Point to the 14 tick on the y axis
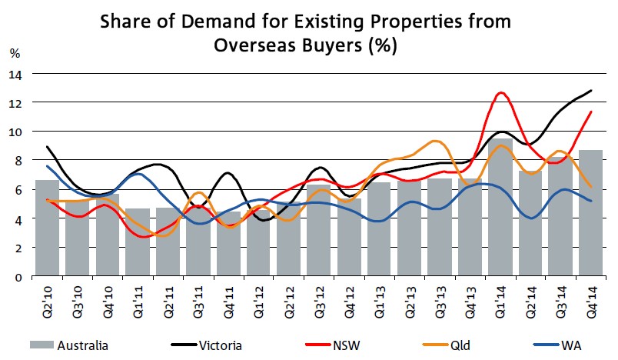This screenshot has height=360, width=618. click(x=16, y=74)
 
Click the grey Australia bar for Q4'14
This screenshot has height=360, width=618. click(x=590, y=215)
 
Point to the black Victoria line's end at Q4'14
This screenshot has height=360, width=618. click(x=590, y=91)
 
